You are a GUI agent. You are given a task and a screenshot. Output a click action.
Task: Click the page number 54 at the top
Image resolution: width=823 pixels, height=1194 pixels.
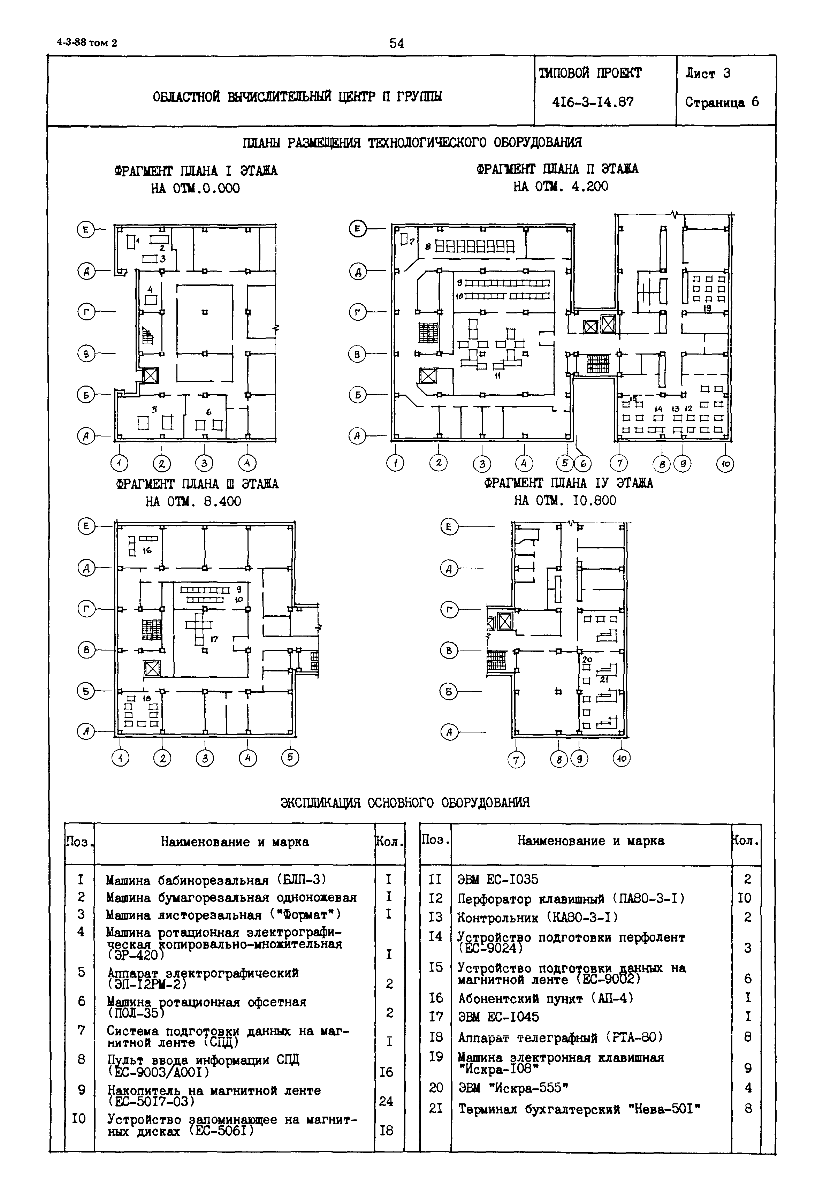[x=397, y=43]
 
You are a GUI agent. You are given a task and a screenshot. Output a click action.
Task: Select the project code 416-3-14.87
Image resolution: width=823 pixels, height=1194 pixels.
[x=593, y=102]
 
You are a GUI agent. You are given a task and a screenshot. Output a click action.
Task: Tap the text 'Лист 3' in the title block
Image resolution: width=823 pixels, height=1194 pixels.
[x=708, y=73]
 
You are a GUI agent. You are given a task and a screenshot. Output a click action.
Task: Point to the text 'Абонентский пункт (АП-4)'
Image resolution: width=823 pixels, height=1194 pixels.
[x=546, y=998]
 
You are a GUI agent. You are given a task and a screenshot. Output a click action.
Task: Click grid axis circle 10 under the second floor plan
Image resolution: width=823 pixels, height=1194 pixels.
[x=725, y=464]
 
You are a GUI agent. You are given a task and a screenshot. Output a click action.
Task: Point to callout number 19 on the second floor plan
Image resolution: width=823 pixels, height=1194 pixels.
[x=708, y=308]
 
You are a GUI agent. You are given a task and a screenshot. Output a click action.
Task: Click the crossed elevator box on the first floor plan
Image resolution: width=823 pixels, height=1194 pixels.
[x=150, y=375]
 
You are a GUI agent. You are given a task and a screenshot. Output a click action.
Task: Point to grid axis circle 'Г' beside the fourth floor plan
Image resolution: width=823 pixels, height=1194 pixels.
[x=449, y=610]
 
